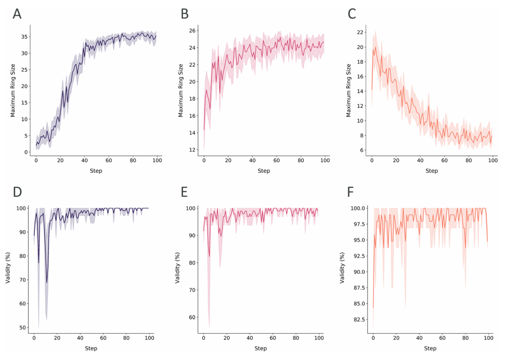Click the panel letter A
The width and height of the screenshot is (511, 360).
[x=17, y=14]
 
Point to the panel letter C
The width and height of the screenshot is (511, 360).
[x=352, y=14]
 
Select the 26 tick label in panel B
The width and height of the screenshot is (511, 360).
[x=192, y=31]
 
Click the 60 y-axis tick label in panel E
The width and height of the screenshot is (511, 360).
[x=191, y=317]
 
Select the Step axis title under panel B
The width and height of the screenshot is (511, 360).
[x=264, y=171]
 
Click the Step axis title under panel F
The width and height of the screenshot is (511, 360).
[x=430, y=348]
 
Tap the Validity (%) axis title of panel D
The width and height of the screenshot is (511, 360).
[x=9, y=268]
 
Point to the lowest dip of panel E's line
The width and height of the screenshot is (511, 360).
[x=209, y=256]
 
